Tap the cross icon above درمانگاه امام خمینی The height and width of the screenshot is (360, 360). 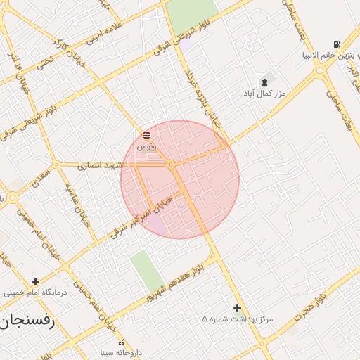point(35,281)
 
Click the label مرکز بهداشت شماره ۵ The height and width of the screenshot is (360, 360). point(237,319)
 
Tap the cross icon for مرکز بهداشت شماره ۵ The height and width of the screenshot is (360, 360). point(237,308)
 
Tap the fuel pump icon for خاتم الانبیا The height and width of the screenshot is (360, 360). point(337,44)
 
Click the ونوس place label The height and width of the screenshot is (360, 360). point(146,146)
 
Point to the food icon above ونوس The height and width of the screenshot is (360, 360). point(146,135)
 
